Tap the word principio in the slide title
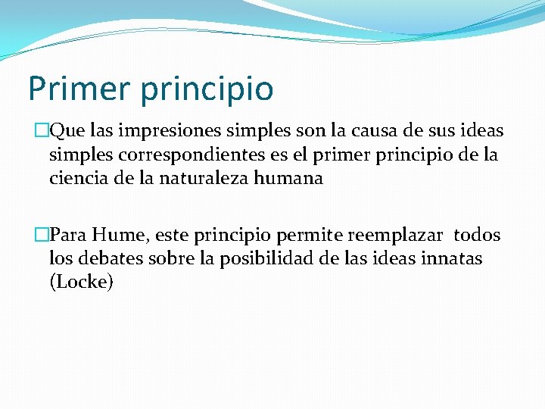pyautogui.click(x=206, y=89)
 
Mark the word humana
pyautogui.click(x=292, y=180)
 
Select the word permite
pyautogui.click(x=313, y=235)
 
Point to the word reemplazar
pyautogui.click(x=394, y=236)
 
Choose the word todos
pyautogui.click(x=477, y=235)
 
